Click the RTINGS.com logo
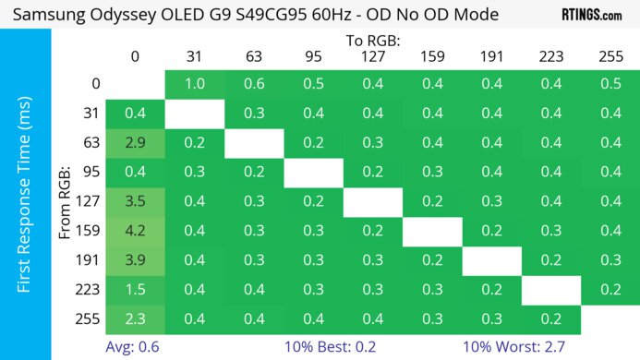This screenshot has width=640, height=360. [591, 15]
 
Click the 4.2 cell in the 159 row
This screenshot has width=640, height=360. [135, 230]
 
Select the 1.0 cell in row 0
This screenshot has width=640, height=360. [194, 84]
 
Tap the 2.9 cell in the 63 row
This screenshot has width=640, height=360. [135, 142]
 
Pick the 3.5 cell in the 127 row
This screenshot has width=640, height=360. [135, 200]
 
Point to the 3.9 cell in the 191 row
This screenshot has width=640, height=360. [135, 259]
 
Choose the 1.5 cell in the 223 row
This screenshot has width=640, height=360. [135, 289]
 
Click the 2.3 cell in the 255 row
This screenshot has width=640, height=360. [135, 318]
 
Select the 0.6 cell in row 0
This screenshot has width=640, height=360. [253, 84]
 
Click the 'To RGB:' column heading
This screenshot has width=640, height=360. [372, 41]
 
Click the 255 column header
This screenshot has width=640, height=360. [610, 56]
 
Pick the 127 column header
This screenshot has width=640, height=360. [372, 56]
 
